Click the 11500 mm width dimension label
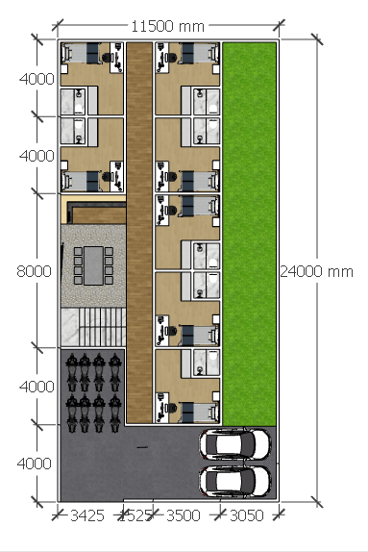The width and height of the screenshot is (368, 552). click(x=167, y=26)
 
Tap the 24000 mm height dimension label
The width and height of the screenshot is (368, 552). click(x=316, y=271)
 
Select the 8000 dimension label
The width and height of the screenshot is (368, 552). click(x=35, y=271)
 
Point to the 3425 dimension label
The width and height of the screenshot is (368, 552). click(x=87, y=515)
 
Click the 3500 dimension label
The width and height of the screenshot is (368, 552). click(x=183, y=515)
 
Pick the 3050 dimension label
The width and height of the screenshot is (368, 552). click(x=247, y=515)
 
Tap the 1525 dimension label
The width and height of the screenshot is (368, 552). click(x=136, y=515)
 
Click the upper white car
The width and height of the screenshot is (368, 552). click(x=235, y=444)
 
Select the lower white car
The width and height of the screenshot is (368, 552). click(x=235, y=481)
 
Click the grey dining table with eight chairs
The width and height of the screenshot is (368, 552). click(x=93, y=265)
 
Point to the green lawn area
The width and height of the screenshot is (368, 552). click(x=250, y=234)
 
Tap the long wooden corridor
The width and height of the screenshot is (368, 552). click(x=139, y=233)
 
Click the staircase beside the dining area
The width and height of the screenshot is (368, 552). click(x=93, y=327)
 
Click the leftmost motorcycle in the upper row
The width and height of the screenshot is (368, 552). click(x=71, y=372)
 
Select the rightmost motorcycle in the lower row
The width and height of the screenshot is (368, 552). click(x=114, y=413)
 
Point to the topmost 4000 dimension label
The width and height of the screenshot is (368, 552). click(x=37, y=79)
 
